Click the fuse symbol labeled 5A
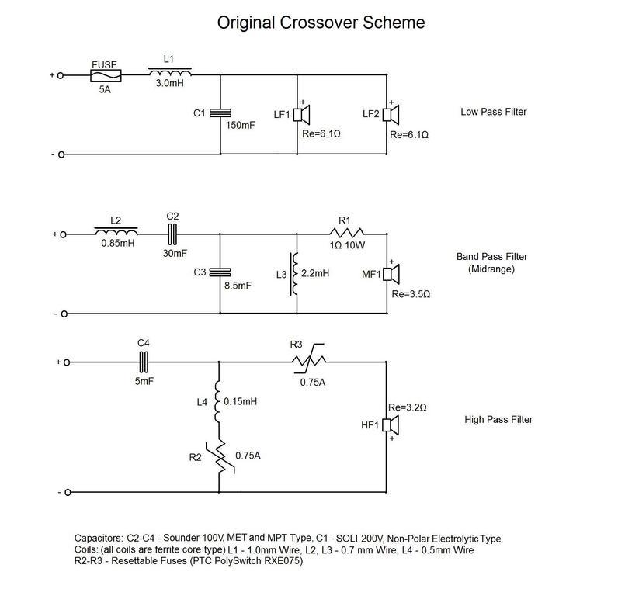(x=106, y=76)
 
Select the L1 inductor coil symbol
(x=169, y=74)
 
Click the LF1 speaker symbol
(x=302, y=115)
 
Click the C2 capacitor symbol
(x=172, y=232)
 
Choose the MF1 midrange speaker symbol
(x=391, y=274)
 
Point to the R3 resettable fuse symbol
(x=307, y=360)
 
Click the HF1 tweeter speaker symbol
(x=391, y=425)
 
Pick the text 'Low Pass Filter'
(x=493, y=113)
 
